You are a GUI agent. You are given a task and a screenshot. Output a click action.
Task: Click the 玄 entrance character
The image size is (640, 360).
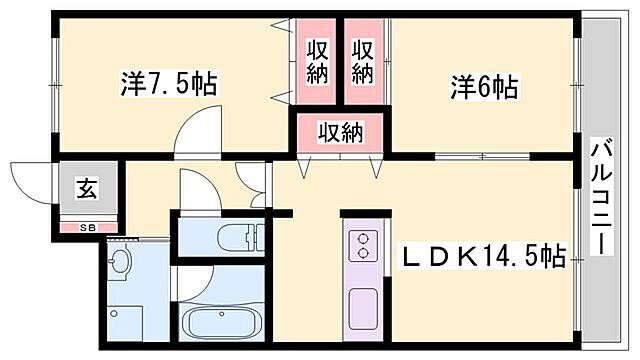(89, 188)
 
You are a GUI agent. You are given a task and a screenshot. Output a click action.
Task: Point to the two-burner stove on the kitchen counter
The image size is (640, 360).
(361, 244)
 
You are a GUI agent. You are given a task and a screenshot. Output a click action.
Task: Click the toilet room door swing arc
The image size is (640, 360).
(195, 187)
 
